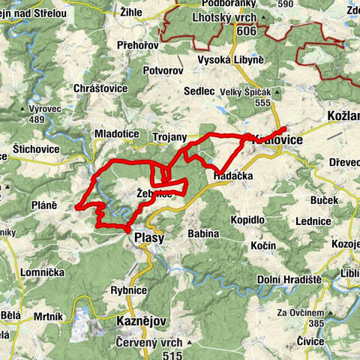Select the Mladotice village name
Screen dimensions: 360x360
click(x=117, y=133)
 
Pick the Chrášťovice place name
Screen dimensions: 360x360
click(x=100, y=88)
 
